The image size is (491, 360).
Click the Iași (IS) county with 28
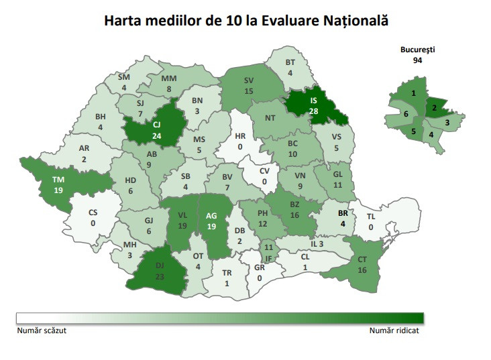pyautogui.click(x=313, y=106)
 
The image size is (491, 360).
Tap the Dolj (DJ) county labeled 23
pyautogui.click(x=160, y=269)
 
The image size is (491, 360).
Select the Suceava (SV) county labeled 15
pyautogui.click(x=249, y=85)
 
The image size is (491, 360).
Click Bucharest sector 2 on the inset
pyautogui.click(x=434, y=108)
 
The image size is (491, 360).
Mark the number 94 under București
pyautogui.click(x=418, y=60)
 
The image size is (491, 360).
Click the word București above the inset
pyautogui.click(x=418, y=50)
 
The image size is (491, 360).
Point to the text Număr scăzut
pyautogui.click(x=41, y=330)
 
